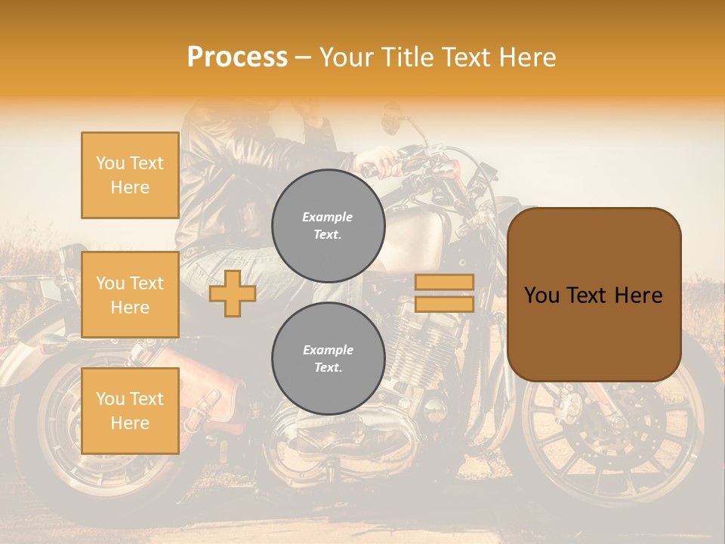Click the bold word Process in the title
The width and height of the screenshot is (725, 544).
(237, 57)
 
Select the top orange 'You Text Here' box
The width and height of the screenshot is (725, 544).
(130, 175)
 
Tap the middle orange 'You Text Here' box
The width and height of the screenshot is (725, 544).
(130, 295)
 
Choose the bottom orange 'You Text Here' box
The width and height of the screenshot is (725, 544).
(130, 411)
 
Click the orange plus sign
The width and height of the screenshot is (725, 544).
(233, 293)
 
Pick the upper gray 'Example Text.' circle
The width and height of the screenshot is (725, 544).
(328, 225)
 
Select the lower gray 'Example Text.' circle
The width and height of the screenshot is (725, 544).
(328, 358)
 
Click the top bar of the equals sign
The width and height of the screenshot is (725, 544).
(444, 282)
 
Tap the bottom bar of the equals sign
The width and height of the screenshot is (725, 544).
(444, 304)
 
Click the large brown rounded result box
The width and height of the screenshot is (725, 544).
(594, 295)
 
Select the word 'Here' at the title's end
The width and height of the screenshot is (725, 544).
(529, 57)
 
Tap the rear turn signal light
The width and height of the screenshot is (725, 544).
(53, 344)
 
